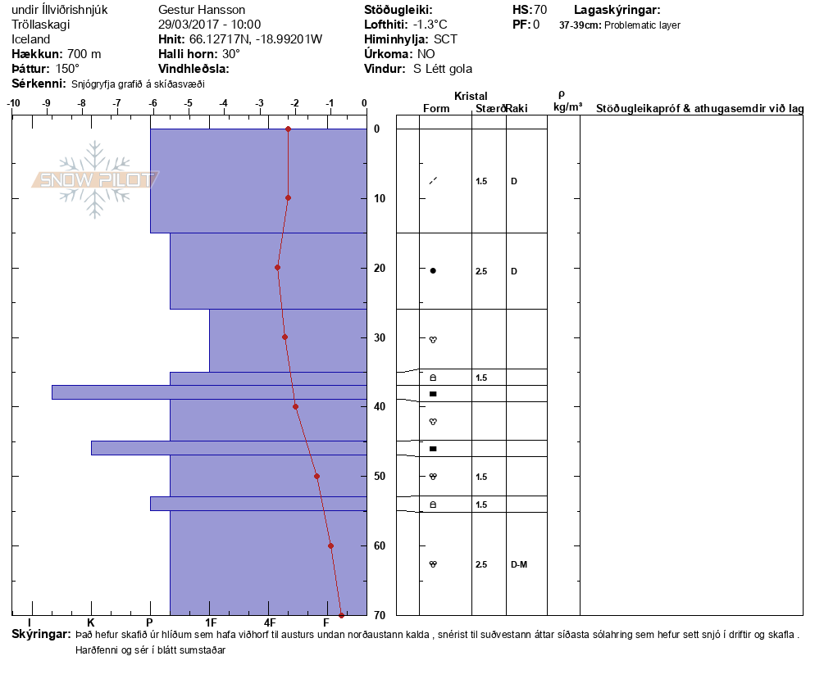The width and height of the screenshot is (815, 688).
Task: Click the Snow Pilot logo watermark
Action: coord(95,179)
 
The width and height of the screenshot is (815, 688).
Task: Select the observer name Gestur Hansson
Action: coord(202,10)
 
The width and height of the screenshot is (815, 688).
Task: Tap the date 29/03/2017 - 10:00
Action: coord(209,25)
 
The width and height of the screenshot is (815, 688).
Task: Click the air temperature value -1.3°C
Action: coord(430,25)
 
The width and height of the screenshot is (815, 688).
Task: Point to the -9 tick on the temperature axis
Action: coord(47,103)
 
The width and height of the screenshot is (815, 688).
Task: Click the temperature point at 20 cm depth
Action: coord(278,268)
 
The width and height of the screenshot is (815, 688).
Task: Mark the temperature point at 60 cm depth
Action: coord(330,545)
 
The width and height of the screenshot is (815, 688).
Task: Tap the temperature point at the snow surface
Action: coord(288,129)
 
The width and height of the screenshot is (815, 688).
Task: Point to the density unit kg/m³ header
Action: coord(567,107)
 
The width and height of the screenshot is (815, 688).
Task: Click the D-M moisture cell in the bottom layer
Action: coord(518,564)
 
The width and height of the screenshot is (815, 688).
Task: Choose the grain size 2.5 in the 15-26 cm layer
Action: coord(481,271)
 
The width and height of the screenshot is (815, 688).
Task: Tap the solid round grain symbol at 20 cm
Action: coord(433,270)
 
